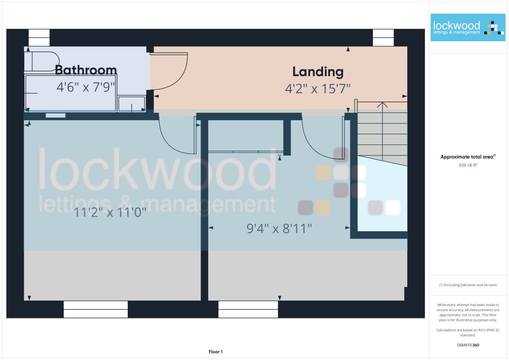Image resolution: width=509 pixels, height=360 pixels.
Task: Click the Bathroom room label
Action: pos(86,70)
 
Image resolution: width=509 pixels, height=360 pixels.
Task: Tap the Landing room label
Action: pos(318,72)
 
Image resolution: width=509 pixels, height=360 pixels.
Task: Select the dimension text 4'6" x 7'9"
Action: pos(86,87)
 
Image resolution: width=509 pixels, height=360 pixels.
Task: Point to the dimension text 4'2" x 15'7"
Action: pos(318,89)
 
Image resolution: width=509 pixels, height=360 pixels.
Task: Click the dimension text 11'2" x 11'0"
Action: pos(110,213)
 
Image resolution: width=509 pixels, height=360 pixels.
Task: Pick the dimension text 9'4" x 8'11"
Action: pos(279,228)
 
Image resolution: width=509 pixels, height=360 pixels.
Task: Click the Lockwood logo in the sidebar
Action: pos(468,28)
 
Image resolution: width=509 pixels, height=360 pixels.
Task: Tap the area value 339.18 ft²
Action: pos(468,165)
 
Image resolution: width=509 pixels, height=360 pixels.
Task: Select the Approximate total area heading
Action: pos(468,157)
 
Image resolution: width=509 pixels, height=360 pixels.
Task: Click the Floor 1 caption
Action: pos(215,352)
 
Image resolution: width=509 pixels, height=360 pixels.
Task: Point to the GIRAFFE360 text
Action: pos(468,345)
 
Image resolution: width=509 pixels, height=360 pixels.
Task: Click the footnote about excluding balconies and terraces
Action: pos(468,285)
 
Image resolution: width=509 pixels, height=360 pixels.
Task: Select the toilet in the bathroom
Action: pos(42,62)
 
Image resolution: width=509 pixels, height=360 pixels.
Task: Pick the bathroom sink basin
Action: pos(132,104)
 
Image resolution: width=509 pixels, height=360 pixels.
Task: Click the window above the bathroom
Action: pos(39,37)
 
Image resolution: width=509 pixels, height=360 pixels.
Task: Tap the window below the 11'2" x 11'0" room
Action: pos(96,309)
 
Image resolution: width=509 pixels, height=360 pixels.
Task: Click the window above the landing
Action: pos(383,37)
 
